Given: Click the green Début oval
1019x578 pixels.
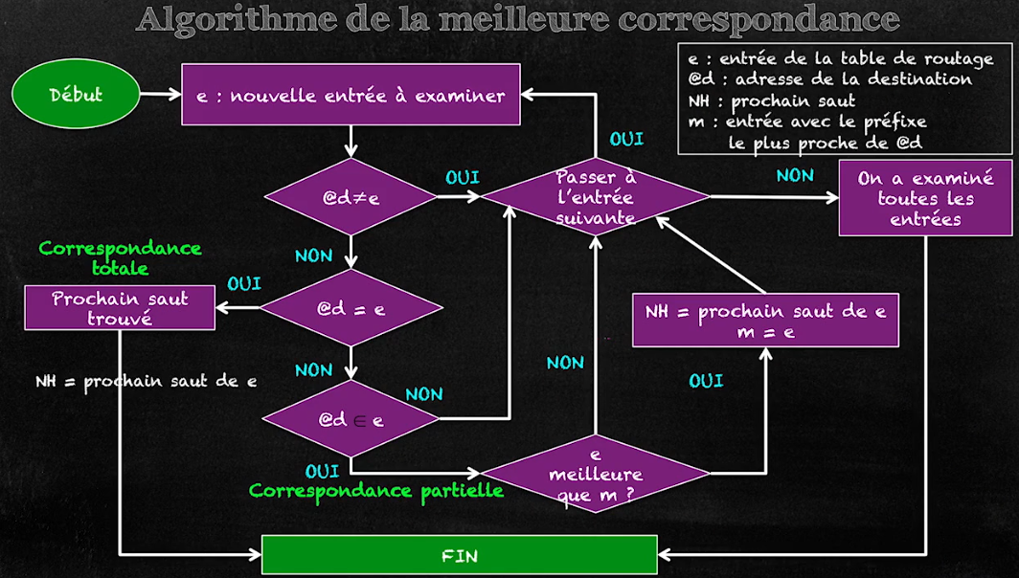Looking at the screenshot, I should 76,95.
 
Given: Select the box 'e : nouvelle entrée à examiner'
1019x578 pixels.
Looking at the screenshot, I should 351,95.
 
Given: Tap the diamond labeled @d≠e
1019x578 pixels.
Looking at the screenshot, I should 351,198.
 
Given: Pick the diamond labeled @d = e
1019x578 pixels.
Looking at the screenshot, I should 351,308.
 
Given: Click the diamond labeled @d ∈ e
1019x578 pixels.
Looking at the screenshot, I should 351,419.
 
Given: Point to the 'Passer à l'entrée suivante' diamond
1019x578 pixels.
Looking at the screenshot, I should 596,197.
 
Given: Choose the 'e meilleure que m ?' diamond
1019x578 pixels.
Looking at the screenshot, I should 596,472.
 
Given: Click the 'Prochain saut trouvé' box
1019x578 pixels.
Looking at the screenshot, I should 121,308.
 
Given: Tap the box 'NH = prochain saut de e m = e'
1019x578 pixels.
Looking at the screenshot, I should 765,322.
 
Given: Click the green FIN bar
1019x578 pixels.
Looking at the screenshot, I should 460,555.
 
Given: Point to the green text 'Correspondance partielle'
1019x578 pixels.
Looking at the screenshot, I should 376,491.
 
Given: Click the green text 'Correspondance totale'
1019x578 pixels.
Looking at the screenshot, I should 120,257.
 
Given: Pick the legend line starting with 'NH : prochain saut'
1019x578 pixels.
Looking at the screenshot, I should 771,100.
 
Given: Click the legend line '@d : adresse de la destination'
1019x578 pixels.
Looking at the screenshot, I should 829,79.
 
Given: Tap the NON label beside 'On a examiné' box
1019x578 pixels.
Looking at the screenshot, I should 795,175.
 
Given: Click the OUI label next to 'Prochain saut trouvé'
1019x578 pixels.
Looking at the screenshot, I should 244,285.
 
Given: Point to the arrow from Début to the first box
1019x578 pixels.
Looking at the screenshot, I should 160,95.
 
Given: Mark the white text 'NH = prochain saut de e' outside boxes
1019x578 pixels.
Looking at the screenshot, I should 146,381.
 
